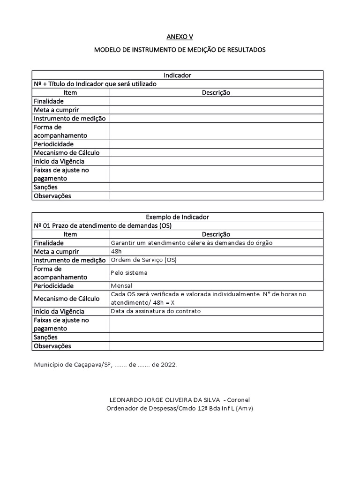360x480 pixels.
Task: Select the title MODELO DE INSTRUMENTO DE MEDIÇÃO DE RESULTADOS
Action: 180,49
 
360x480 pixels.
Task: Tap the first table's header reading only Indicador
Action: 177,75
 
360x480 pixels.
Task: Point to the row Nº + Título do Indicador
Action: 95,84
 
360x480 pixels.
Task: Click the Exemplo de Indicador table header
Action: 177,217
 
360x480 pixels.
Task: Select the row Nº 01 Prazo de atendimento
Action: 103,225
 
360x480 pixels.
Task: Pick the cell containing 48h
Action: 116,251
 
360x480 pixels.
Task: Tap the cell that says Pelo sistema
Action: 129,272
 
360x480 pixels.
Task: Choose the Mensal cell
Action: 121,285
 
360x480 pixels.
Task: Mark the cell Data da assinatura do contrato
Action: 156,311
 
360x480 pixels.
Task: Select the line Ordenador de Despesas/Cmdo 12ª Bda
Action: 180,408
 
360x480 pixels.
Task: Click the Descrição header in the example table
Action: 216,234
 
